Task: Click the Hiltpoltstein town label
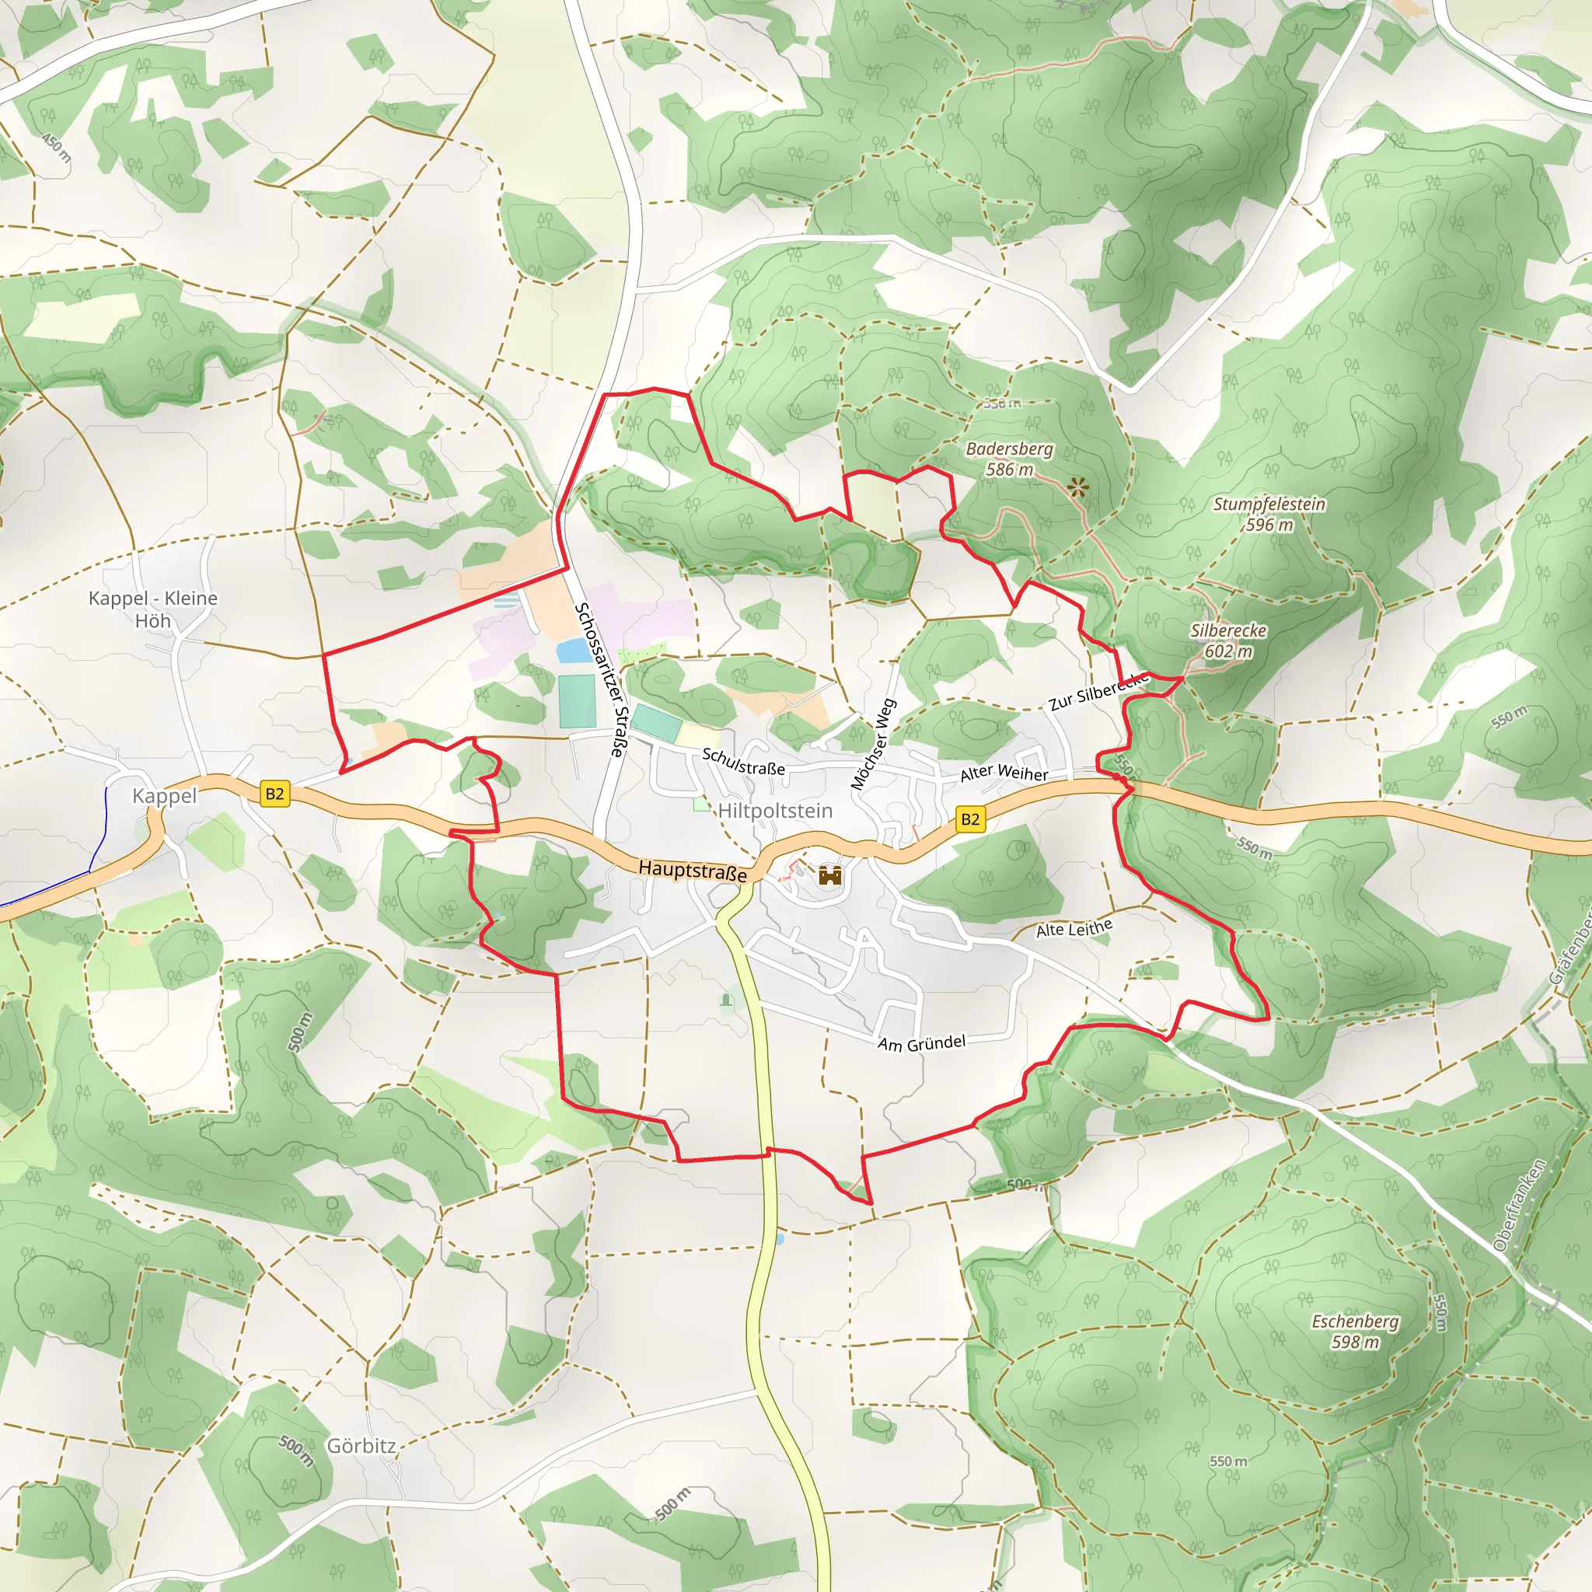pos(774,811)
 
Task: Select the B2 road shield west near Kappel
pos(274,794)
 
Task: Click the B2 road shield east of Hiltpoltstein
pos(970,819)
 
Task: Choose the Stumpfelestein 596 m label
pos(1269,514)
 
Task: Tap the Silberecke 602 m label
pos(1227,641)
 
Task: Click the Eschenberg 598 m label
pos(1355,1332)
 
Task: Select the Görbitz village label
pos(361,1446)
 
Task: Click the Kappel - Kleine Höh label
pos(153,609)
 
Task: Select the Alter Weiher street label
pos(1004,773)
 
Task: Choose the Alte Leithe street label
pos(1074,929)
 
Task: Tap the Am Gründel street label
pos(921,1043)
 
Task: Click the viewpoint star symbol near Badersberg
pos(1077,488)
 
